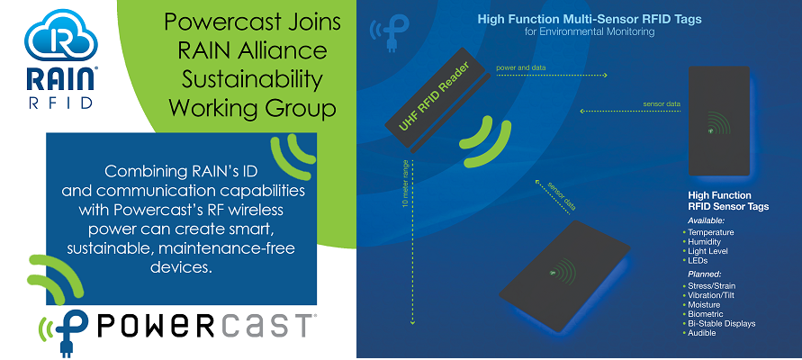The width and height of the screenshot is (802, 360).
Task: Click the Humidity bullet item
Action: click(x=708, y=241)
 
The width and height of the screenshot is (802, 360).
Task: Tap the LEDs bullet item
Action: click(x=701, y=261)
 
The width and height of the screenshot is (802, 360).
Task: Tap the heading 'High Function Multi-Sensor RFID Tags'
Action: click(x=577, y=18)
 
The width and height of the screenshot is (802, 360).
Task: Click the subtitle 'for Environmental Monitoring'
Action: click(x=577, y=31)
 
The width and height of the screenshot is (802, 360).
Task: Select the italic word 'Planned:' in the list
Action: click(x=707, y=274)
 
